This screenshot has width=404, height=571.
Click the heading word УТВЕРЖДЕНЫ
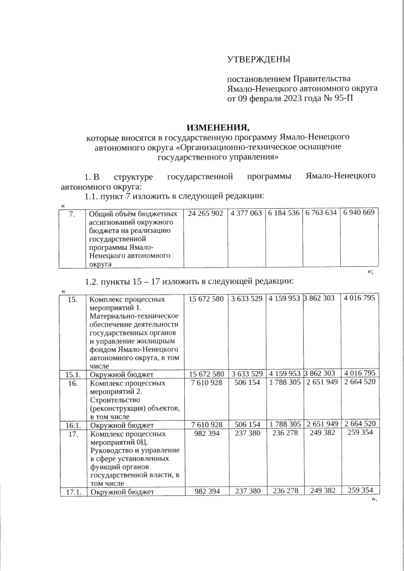(259, 59)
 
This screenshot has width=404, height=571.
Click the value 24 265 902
(206, 213)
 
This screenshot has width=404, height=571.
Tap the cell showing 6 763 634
(321, 213)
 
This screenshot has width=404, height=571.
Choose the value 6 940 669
(359, 213)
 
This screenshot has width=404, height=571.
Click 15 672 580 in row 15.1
(206, 374)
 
